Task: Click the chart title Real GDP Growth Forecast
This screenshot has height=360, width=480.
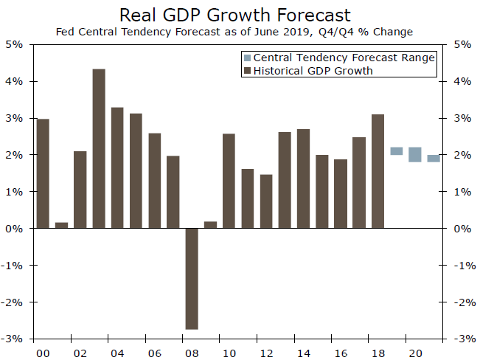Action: (x=235, y=15)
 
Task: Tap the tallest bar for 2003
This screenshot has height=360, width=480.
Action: (x=99, y=148)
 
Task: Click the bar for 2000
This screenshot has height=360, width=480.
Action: (x=43, y=173)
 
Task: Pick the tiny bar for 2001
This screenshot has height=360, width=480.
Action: (x=61, y=225)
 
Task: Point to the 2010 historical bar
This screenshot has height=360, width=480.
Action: (x=229, y=181)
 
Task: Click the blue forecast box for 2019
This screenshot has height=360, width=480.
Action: (x=396, y=151)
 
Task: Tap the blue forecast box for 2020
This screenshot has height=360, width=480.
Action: (x=414, y=154)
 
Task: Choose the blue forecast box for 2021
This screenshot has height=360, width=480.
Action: (x=434, y=158)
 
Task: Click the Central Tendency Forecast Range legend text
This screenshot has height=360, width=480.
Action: (x=344, y=58)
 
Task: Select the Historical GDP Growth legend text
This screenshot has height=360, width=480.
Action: (x=313, y=71)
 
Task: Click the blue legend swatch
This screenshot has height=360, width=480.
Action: (x=247, y=58)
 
